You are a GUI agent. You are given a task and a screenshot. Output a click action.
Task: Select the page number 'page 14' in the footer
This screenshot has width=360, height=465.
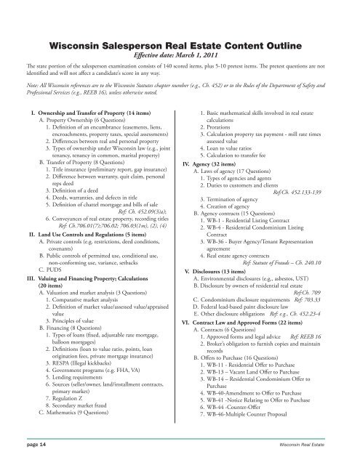(24, 450)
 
